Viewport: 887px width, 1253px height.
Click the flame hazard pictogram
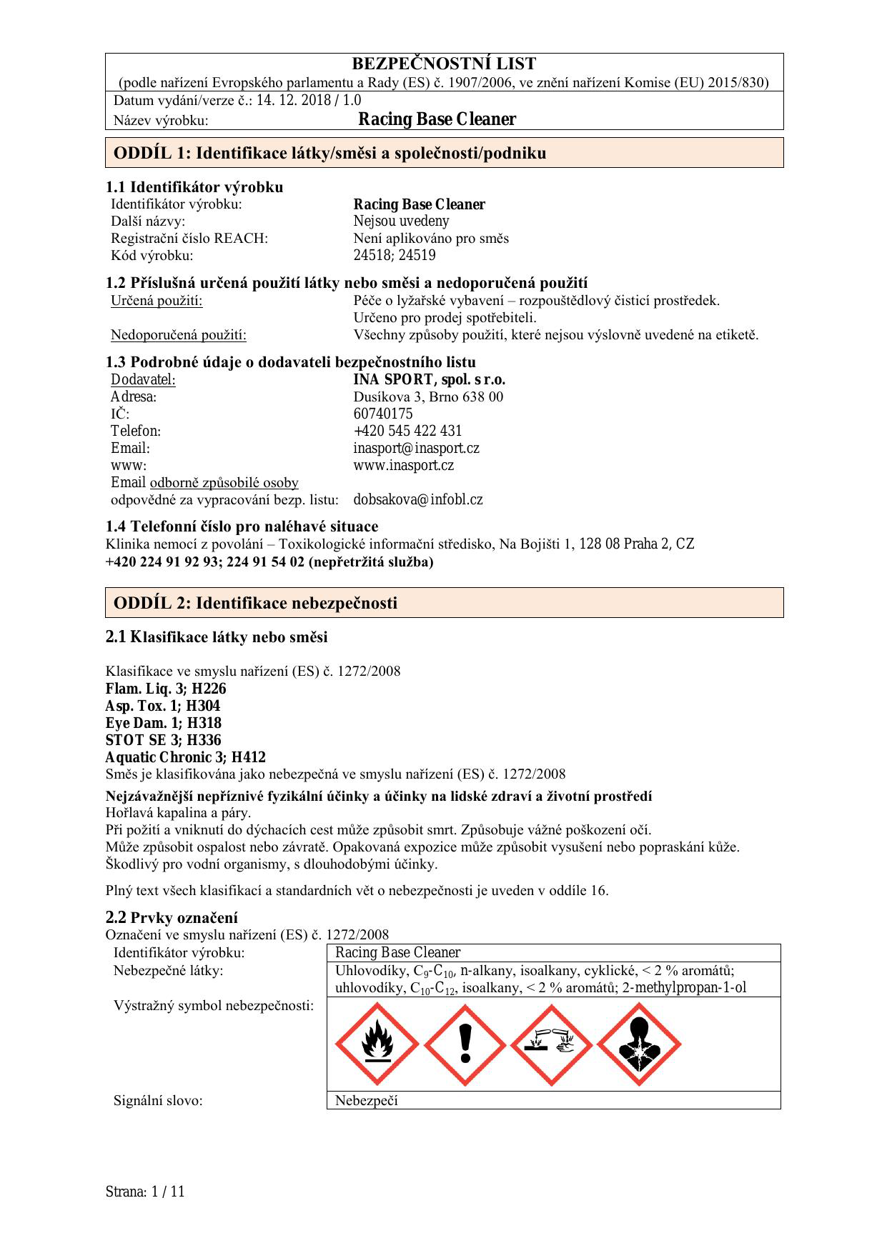[377, 1045]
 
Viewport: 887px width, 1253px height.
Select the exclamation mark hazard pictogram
[465, 1045]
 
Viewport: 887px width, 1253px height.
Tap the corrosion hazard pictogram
[552, 1045]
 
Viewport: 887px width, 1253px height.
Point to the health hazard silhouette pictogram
[639, 1045]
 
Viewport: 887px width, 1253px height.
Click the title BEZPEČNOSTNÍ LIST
[444, 64]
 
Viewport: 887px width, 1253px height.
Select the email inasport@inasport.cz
[416, 449]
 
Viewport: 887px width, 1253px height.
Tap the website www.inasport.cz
[403, 466]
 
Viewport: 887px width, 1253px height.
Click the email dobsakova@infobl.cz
[417, 500]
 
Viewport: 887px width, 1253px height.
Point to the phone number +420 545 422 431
[407, 431]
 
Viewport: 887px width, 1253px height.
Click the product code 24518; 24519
[394, 256]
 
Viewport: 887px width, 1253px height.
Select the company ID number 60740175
[382, 414]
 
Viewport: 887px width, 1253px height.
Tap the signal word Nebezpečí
[366, 1101]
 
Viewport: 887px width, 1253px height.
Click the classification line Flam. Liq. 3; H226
[165, 689]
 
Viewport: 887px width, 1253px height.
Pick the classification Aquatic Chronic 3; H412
[185, 758]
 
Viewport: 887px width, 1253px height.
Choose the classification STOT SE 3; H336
[163, 741]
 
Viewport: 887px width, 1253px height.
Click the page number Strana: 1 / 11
[145, 1192]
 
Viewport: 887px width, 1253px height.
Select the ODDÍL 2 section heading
[255, 603]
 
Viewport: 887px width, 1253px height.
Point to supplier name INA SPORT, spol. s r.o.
[429, 380]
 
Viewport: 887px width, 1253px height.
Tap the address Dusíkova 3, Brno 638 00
[427, 397]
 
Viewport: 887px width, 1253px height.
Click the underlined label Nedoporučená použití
[178, 335]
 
